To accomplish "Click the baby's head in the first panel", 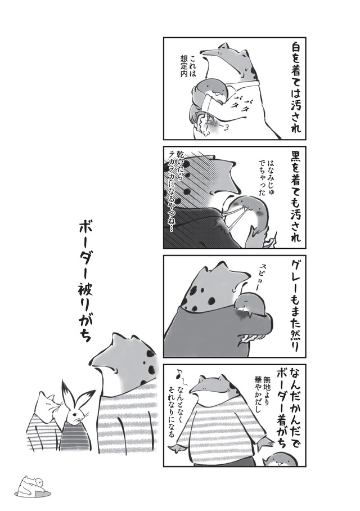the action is click(211, 91).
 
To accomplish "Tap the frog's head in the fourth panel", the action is click(210, 389).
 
